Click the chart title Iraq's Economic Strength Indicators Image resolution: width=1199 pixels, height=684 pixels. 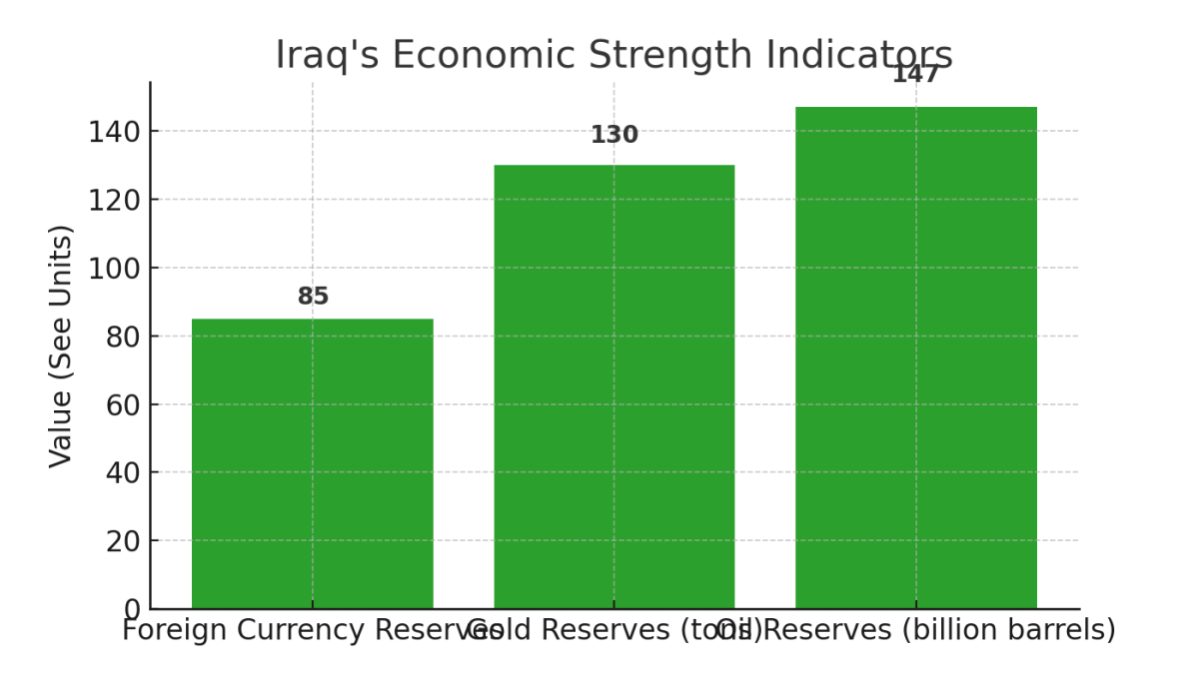pos(613,55)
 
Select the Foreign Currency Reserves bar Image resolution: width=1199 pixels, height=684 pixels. pos(312,463)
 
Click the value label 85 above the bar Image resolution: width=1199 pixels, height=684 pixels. pos(313,297)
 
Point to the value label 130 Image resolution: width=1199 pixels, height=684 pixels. pos(613,135)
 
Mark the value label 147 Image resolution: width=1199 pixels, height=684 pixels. pos(915,74)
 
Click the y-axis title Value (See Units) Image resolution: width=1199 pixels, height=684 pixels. pos(61,345)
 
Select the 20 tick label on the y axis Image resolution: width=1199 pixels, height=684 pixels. pos(124,541)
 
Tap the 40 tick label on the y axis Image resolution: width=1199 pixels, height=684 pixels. pos(124,472)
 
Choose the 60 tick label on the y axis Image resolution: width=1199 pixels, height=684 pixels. pos(124,404)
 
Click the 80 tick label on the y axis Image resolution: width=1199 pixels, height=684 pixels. pos(124,337)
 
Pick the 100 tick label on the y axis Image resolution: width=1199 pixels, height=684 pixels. pos(115,268)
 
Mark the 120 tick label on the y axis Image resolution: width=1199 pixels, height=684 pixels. pos(115,200)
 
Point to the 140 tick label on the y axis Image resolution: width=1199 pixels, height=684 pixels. pos(115,132)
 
